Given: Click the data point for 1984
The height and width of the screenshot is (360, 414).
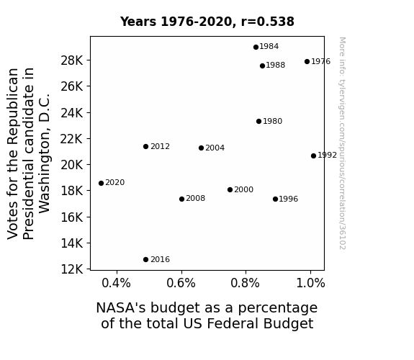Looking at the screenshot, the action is tap(256, 48).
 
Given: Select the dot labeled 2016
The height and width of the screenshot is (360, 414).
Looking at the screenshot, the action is tap(145, 260).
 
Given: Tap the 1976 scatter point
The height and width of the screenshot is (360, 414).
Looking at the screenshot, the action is tap(307, 61).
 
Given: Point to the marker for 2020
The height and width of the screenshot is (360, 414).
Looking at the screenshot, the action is tap(101, 184).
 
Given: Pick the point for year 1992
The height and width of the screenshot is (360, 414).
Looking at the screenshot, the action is tap(313, 156).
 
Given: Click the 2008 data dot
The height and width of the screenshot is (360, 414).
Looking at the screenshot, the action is tap(181, 199).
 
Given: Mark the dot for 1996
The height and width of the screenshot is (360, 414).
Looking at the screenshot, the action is tap(275, 199).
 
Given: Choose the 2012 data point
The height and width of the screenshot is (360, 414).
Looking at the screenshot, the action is tap(145, 147).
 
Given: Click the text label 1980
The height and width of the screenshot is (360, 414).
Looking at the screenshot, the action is tap(272, 121).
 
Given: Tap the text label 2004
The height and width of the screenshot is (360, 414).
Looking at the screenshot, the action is tap(215, 148).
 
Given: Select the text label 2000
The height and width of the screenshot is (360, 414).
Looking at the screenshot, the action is tap(243, 189).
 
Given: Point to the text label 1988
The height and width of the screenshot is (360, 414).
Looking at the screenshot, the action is tap(275, 66).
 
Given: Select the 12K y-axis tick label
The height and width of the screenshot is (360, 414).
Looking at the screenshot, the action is tap(71, 269).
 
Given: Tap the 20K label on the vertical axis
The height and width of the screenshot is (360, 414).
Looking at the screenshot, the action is tap(71, 165).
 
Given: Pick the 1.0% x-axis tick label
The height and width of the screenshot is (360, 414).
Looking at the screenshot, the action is tap(311, 283).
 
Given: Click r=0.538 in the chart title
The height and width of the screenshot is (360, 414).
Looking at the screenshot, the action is tap(267, 22).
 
